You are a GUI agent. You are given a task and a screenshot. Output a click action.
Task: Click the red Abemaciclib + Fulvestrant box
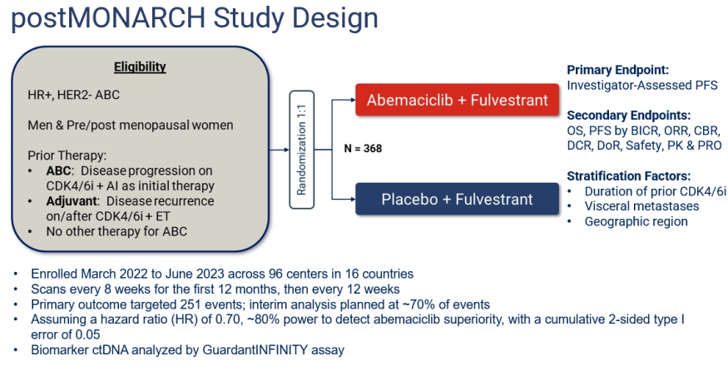tap(458, 100)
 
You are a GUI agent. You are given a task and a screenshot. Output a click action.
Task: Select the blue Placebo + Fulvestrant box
tap(458, 199)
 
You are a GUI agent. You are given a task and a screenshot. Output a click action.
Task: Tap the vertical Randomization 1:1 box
tap(302, 150)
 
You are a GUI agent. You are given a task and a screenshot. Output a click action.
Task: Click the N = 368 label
tap(363, 149)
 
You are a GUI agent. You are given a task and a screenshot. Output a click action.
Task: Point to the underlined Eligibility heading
tap(140, 67)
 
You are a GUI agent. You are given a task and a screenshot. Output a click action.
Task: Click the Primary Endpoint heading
tap(618, 70)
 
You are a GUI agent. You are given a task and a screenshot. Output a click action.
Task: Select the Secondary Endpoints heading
tap(629, 115)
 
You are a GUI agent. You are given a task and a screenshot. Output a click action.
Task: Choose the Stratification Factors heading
tap(629, 176)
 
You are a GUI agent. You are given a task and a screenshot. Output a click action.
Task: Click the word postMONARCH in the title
tap(107, 17)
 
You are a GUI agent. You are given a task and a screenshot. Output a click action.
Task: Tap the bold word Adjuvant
tap(72, 201)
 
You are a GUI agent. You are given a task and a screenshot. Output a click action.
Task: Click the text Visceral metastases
tap(641, 206)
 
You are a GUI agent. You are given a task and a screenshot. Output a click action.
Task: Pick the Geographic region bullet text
tap(636, 221)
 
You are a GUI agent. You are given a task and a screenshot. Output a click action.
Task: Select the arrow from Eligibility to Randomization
tap(279, 150)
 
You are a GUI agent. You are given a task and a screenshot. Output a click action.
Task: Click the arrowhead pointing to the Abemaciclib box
tap(353, 100)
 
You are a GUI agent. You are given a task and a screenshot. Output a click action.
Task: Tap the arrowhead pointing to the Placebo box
tap(353, 199)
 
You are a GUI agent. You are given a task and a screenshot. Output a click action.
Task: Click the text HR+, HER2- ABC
tap(74, 95)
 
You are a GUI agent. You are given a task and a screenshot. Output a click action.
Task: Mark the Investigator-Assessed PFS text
tap(642, 86)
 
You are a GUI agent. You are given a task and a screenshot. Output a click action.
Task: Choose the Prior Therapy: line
tap(67, 156)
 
